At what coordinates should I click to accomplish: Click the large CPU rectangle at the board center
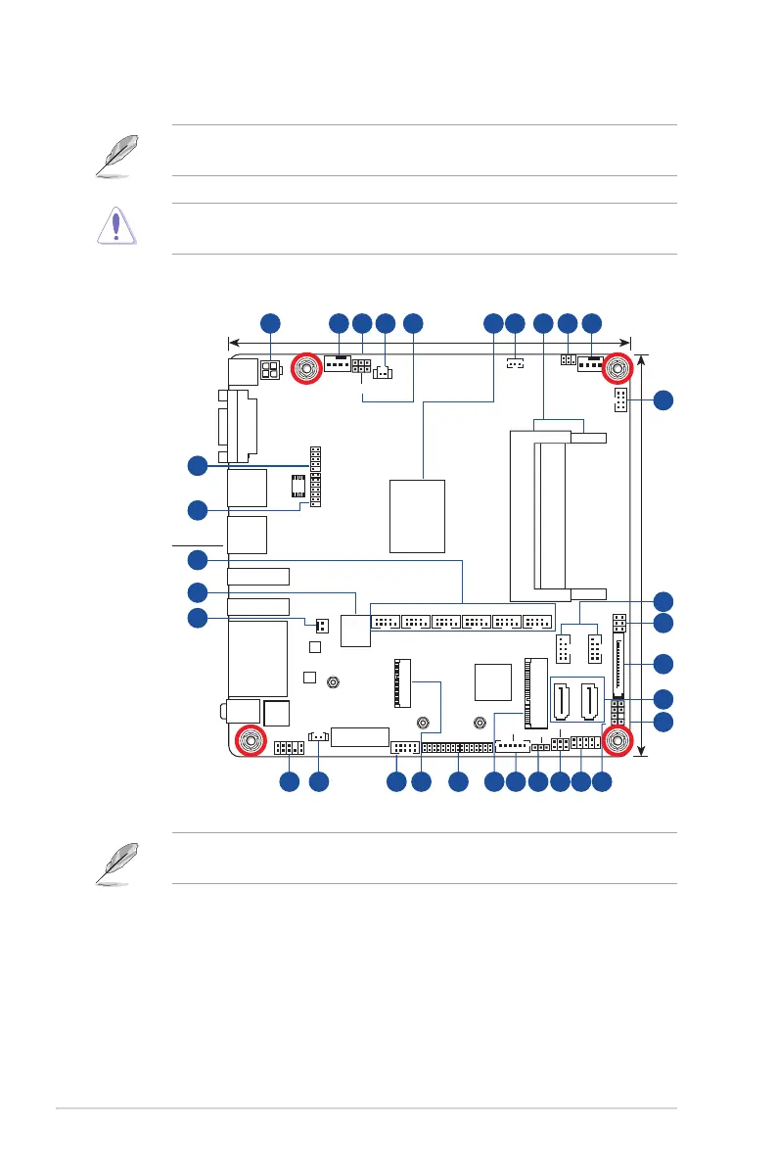(x=417, y=515)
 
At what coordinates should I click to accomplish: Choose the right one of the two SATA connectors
(x=591, y=702)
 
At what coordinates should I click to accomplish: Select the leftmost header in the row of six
(x=386, y=621)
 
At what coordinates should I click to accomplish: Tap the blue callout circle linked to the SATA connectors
(x=663, y=698)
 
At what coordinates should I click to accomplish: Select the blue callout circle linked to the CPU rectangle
(x=494, y=322)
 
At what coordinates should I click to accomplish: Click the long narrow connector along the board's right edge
(x=618, y=663)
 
